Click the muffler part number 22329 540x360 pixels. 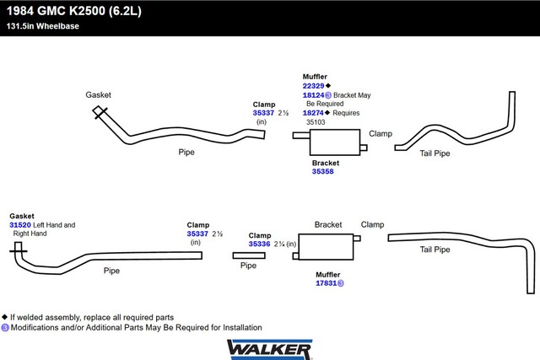point(313,86)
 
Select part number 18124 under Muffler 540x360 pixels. point(313,95)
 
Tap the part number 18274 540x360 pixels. point(313,113)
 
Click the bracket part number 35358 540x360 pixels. point(322,171)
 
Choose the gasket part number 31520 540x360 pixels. point(20,225)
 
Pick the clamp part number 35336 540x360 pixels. point(259,244)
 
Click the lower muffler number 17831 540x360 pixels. point(327,283)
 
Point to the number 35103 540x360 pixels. point(316,122)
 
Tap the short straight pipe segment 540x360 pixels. point(249,255)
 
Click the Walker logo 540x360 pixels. point(270,349)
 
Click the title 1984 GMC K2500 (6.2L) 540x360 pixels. point(74,11)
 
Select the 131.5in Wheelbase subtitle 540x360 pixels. point(43,26)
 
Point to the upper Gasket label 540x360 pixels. point(99,95)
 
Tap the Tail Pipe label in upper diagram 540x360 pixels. point(435,153)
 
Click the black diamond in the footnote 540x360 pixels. point(4,317)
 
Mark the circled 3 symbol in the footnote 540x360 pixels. point(5,328)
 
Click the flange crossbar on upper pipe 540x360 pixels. point(101,113)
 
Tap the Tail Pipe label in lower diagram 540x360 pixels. point(435,250)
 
